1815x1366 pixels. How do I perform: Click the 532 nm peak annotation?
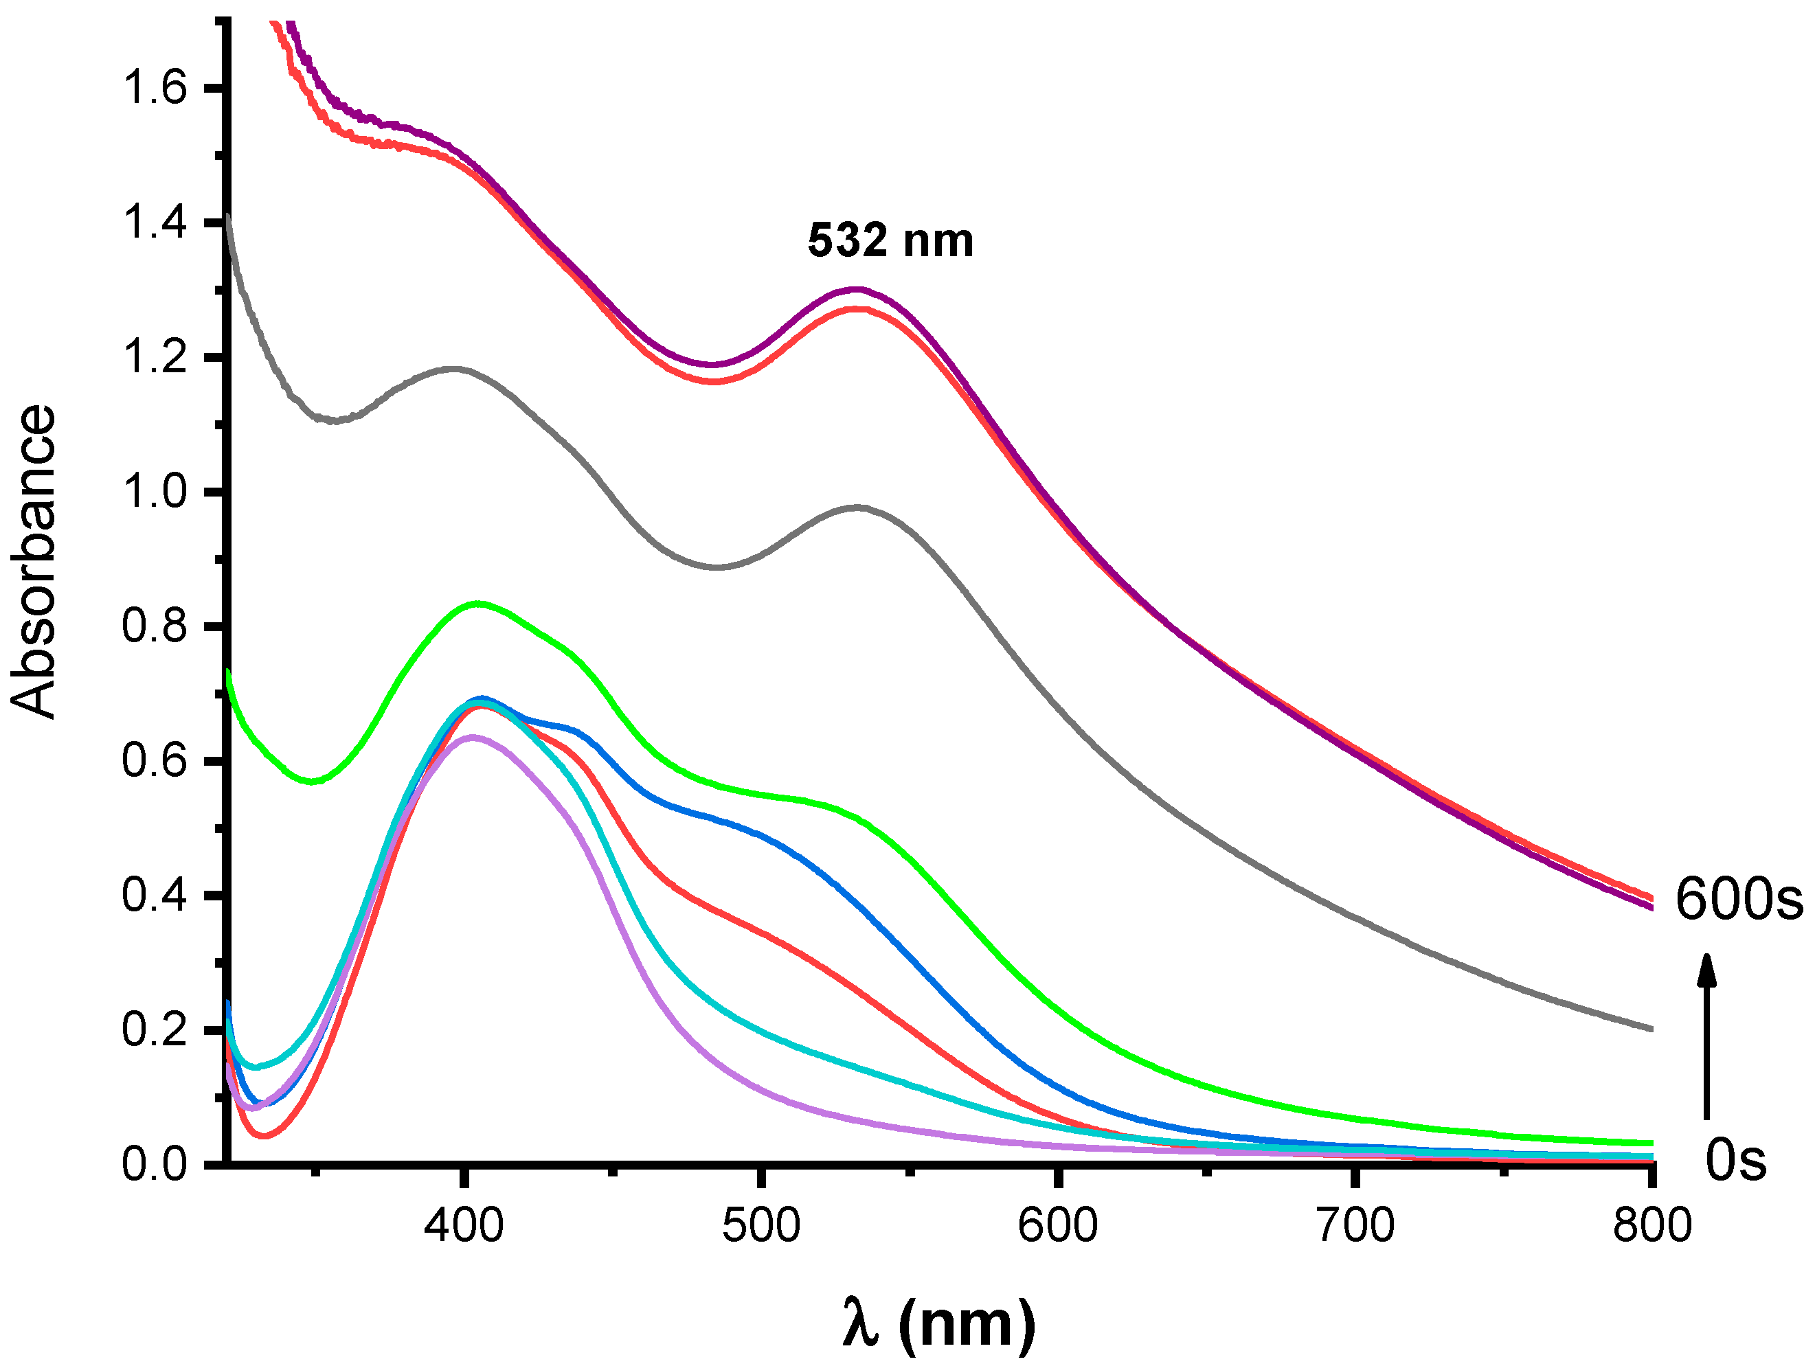point(890,241)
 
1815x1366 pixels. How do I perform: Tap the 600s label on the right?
point(1738,899)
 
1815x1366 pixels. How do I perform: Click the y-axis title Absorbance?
point(34,561)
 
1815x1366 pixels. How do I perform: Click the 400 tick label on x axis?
point(464,1227)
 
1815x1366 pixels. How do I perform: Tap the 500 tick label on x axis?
point(760,1227)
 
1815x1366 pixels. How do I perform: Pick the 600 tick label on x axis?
point(1058,1227)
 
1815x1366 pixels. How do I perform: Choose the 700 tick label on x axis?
point(1355,1227)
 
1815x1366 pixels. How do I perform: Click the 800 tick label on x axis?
point(1651,1227)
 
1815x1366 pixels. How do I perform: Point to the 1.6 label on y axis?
point(155,87)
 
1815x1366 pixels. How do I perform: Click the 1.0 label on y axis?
point(155,492)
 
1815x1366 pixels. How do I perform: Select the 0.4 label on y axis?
point(155,895)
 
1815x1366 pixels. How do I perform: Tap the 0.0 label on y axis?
point(155,1164)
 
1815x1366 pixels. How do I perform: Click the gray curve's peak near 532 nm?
point(858,508)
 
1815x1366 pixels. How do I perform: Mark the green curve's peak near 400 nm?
point(477,604)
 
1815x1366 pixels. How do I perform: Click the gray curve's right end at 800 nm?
point(1650,1028)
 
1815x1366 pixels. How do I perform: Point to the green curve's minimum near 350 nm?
point(312,781)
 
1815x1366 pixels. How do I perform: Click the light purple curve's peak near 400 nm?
point(472,738)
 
